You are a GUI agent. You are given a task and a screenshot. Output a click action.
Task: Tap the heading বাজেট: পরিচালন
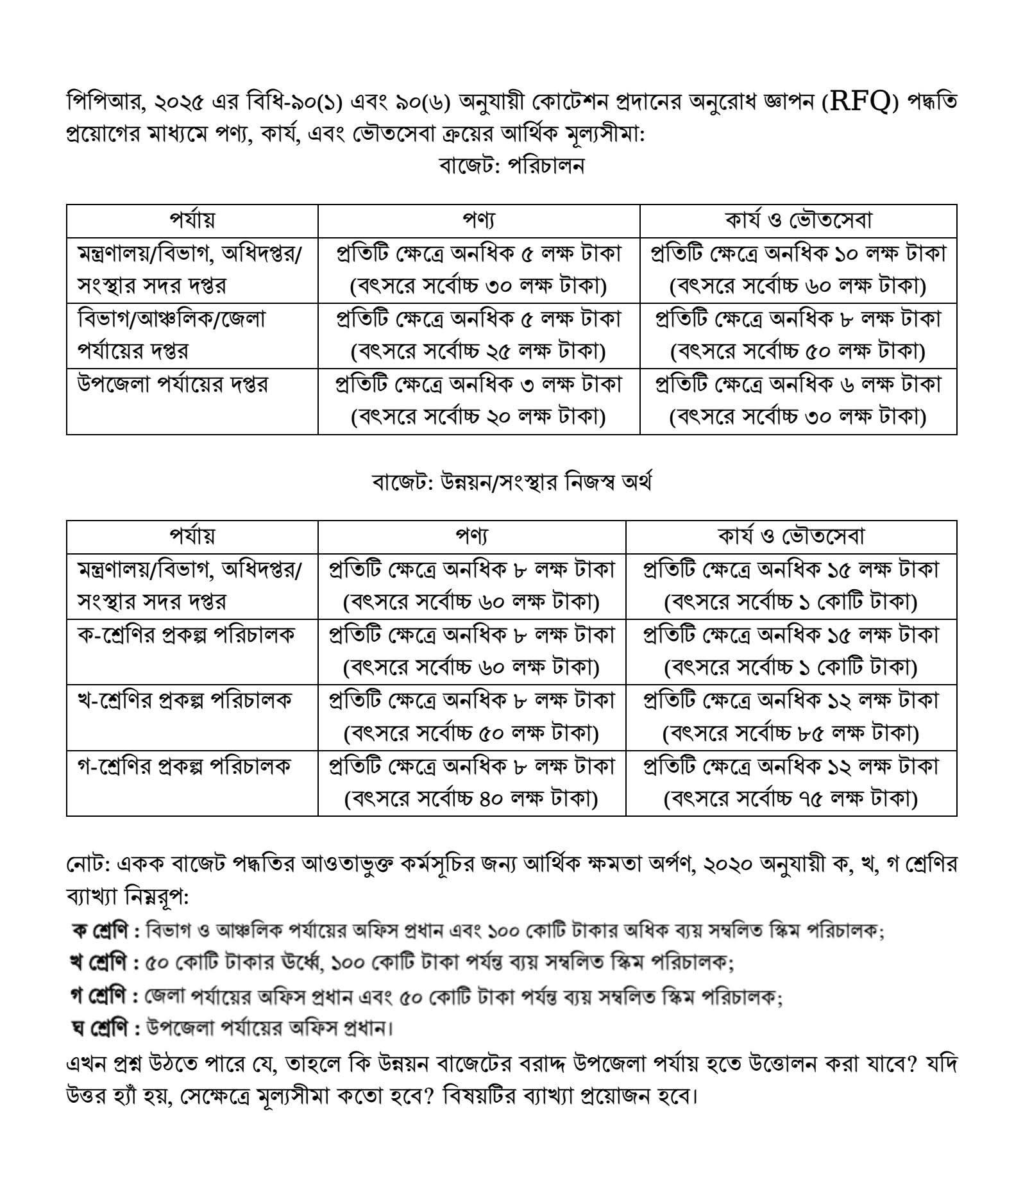[x=511, y=166]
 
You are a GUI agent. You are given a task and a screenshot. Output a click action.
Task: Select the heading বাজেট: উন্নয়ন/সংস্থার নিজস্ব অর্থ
[x=511, y=482]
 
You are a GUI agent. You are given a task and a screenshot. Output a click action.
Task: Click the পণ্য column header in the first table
[x=478, y=221]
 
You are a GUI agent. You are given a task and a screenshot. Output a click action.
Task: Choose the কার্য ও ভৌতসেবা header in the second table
[x=791, y=536]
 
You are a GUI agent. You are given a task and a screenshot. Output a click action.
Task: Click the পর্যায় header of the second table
[x=192, y=536]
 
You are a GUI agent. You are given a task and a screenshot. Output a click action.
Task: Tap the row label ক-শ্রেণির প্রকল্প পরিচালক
[x=185, y=635]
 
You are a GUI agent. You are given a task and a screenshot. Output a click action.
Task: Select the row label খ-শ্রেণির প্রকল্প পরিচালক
[x=184, y=700]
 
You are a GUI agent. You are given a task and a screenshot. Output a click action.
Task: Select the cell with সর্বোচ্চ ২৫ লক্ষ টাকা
[x=478, y=352]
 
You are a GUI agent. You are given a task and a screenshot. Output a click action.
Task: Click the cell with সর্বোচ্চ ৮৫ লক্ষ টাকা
[x=791, y=733]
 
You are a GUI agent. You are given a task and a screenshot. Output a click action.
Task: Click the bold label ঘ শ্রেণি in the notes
[x=103, y=1029]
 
